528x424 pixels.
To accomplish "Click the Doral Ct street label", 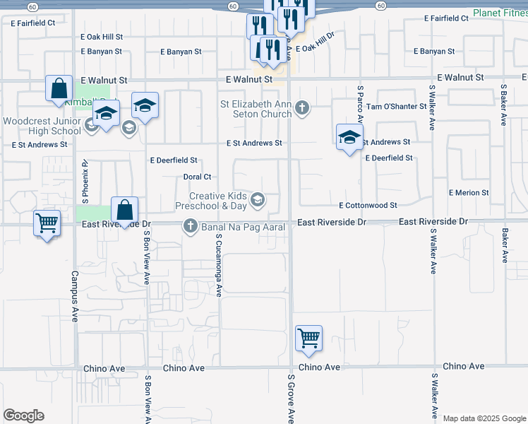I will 198,177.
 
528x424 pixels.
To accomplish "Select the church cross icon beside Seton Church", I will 302,107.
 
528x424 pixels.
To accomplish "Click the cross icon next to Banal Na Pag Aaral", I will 190,226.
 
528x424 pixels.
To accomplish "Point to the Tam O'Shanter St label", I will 396,106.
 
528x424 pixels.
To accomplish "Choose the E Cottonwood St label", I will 368,205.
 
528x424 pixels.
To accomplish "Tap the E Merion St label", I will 469,192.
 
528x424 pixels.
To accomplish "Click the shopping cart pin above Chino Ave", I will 309,338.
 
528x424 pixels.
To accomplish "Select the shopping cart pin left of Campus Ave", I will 47,223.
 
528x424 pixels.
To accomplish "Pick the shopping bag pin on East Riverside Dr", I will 124,210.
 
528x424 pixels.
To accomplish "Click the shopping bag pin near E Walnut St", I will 59,89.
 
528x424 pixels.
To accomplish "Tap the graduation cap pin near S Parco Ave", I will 349,137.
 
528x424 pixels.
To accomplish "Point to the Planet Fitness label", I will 500,13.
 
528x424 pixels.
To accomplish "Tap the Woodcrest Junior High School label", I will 42,126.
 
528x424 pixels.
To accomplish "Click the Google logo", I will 24,416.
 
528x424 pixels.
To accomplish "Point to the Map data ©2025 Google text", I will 484,418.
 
